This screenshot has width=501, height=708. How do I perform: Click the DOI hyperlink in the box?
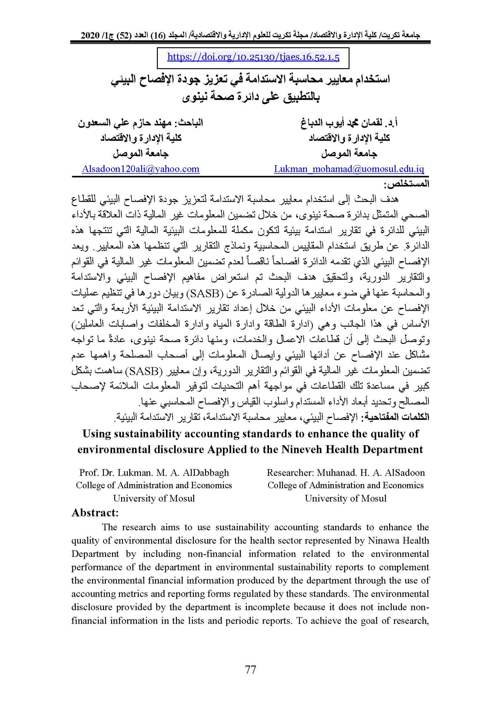(253, 57)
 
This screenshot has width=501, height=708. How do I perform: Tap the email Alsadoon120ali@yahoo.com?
(141, 169)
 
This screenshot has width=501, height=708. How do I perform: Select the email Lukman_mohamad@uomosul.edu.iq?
(349, 169)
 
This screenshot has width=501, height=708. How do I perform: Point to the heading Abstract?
(95, 513)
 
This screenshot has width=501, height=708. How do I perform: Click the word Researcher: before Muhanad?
(290, 473)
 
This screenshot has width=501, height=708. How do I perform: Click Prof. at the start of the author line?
(88, 473)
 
